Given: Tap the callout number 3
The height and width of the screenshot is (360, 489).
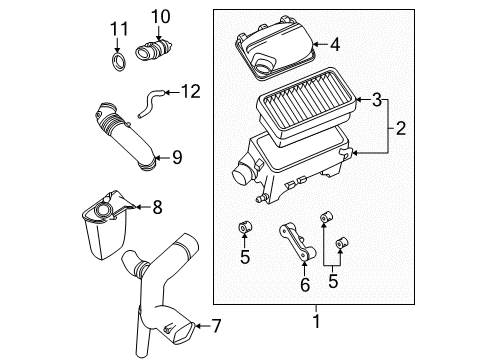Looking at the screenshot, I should click(375, 100).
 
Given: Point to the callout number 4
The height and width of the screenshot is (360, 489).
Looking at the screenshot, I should click(334, 43).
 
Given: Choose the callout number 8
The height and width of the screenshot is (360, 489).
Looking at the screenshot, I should click(156, 207).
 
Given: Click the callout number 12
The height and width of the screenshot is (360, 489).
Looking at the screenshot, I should click(188, 92).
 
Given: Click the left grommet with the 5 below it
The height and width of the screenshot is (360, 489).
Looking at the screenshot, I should click(243, 232).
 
